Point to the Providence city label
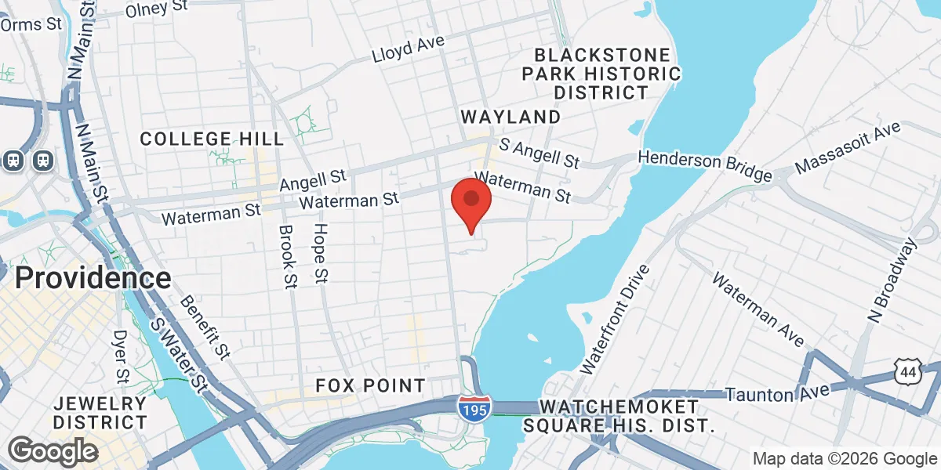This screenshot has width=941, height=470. tap(93, 278)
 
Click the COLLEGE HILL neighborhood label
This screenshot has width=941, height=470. tap(212, 139)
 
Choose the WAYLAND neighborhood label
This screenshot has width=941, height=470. tap(510, 117)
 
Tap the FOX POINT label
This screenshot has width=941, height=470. tap(370, 385)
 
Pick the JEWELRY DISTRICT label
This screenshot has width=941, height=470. tap(100, 413)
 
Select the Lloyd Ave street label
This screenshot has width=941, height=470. tap(409, 50)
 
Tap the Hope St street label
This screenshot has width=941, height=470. tap(321, 253)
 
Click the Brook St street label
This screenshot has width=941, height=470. tap(288, 257)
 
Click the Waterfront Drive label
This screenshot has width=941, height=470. tap(616, 319)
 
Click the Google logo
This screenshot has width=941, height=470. tap(53, 450)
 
